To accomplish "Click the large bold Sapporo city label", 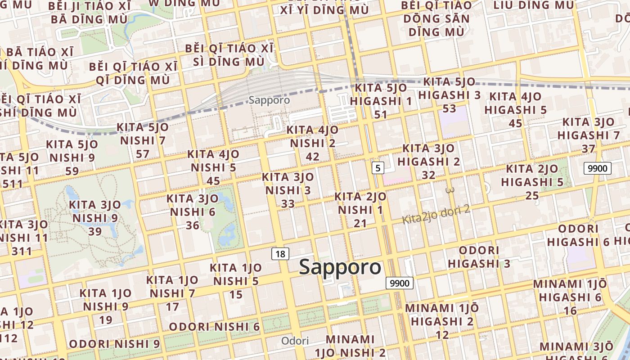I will [x=340, y=267].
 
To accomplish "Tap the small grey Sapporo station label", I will [x=269, y=100].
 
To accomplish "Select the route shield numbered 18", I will [x=280, y=254].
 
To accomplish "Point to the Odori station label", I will [x=295, y=341].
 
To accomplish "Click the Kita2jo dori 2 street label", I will [x=436, y=215].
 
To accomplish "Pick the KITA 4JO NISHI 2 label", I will [x=313, y=143].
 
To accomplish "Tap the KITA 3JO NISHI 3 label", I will [x=288, y=190].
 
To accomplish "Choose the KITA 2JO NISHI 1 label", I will [x=360, y=210].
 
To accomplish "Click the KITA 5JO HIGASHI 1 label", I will [x=381, y=101].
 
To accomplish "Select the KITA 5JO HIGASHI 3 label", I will [x=450, y=95].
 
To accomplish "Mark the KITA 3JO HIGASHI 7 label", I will [x=589, y=135].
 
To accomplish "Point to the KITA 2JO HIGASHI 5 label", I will [x=532, y=182].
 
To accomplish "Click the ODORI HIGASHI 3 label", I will [x=479, y=256].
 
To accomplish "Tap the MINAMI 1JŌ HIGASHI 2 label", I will [x=442, y=321].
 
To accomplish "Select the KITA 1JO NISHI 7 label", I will [x=173, y=293].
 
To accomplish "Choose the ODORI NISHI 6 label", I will [x=214, y=327].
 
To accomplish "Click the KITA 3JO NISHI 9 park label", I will [x=95, y=218].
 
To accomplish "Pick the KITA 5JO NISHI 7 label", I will [x=143, y=140].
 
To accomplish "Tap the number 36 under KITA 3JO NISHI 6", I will [x=192, y=225].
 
